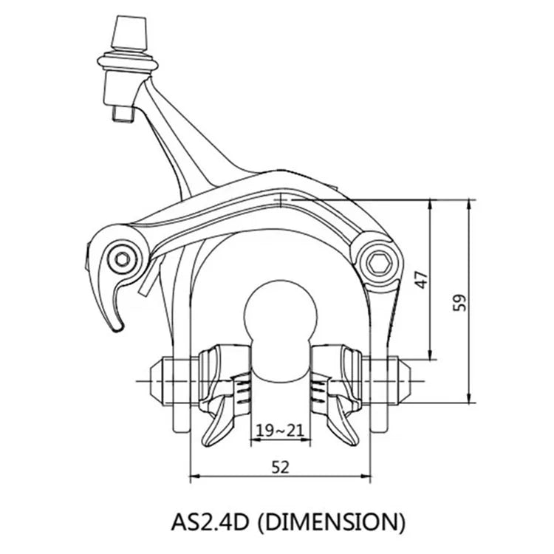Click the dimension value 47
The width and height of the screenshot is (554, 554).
pyautogui.click(x=423, y=280)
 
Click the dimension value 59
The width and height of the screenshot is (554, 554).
pyautogui.click(x=459, y=302)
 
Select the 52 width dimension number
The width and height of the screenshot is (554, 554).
pyautogui.click(x=280, y=468)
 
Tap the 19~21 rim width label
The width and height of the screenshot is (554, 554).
pyautogui.click(x=280, y=431)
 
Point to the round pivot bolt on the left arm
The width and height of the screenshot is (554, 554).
pyautogui.click(x=123, y=260)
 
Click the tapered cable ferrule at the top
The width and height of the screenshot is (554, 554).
pyautogui.click(x=129, y=33)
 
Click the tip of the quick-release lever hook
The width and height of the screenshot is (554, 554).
pyautogui.click(x=117, y=329)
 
